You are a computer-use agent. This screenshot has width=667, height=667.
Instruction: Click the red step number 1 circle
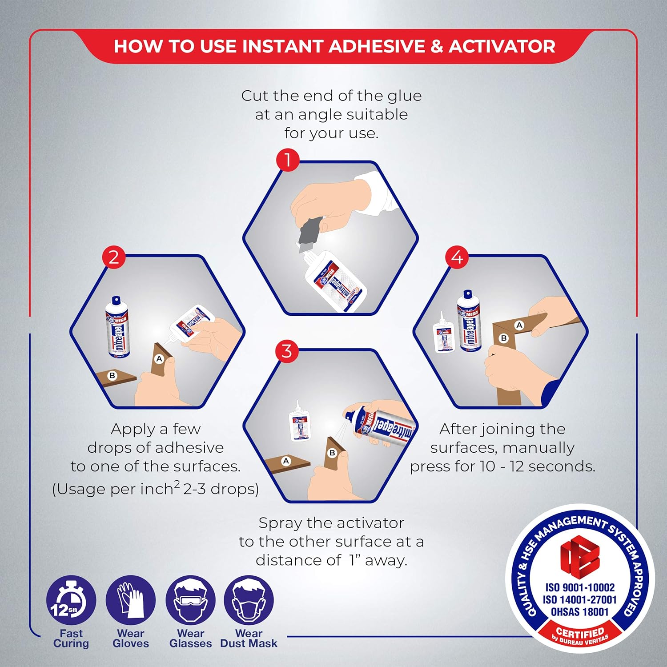(x=288, y=160)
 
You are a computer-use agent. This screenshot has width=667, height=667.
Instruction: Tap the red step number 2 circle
(x=114, y=257)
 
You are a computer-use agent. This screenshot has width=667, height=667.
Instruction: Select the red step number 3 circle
(x=287, y=351)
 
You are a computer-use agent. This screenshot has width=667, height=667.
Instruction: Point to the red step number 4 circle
(x=457, y=257)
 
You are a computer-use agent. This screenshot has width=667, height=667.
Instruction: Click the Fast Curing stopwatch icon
(x=71, y=601)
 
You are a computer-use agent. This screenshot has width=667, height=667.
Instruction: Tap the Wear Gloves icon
(x=131, y=601)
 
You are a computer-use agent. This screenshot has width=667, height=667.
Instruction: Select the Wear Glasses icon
(x=190, y=601)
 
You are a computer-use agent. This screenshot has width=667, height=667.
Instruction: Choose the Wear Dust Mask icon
(x=249, y=601)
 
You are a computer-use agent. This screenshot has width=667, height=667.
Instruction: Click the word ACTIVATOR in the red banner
(x=502, y=47)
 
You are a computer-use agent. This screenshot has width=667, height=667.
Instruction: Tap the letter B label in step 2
(x=112, y=376)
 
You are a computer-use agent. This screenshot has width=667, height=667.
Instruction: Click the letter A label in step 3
(x=286, y=461)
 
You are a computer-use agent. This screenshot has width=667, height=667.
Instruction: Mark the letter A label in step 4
(x=519, y=325)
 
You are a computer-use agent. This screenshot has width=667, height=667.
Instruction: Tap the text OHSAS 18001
(x=579, y=612)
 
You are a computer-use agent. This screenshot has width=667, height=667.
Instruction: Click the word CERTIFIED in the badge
(x=580, y=632)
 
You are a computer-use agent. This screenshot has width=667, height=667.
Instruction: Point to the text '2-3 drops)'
(x=221, y=489)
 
